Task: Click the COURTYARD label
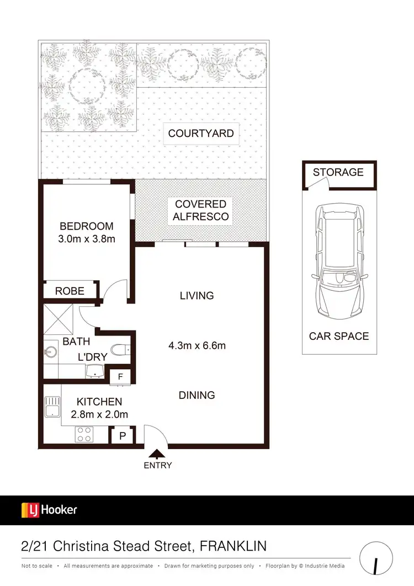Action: pyautogui.click(x=201, y=134)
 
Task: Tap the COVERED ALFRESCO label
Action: pyautogui.click(x=200, y=211)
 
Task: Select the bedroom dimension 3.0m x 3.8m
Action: pyautogui.click(x=87, y=239)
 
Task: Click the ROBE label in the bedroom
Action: pyautogui.click(x=70, y=291)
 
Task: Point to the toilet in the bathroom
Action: pyautogui.click(x=120, y=349)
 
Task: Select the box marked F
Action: pyautogui.click(x=120, y=377)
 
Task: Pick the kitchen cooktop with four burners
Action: pyautogui.click(x=84, y=434)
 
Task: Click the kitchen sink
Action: pyautogui.click(x=52, y=408)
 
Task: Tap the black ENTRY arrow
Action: pyautogui.click(x=157, y=454)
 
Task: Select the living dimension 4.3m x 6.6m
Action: pyautogui.click(x=197, y=346)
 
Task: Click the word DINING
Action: pyautogui.click(x=197, y=395)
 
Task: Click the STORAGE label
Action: pyautogui.click(x=338, y=172)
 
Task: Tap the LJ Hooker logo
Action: pyautogui.click(x=49, y=510)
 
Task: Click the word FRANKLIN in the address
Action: pyautogui.click(x=233, y=546)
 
